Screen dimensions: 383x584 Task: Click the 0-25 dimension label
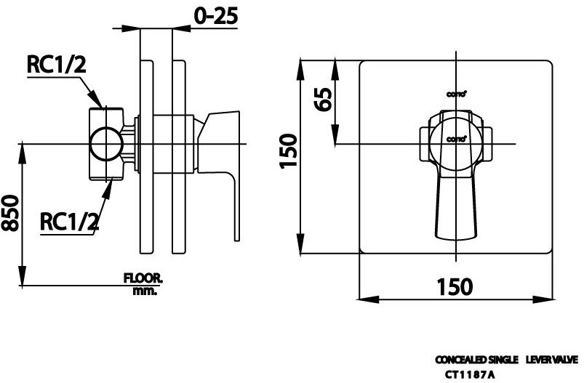click(216, 16)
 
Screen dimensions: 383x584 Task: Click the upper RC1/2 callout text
click(56, 65)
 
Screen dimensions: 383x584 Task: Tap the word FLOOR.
click(143, 278)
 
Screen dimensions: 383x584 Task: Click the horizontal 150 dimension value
click(455, 286)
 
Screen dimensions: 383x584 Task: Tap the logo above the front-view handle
click(456, 93)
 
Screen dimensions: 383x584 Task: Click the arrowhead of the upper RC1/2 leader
click(103, 105)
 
